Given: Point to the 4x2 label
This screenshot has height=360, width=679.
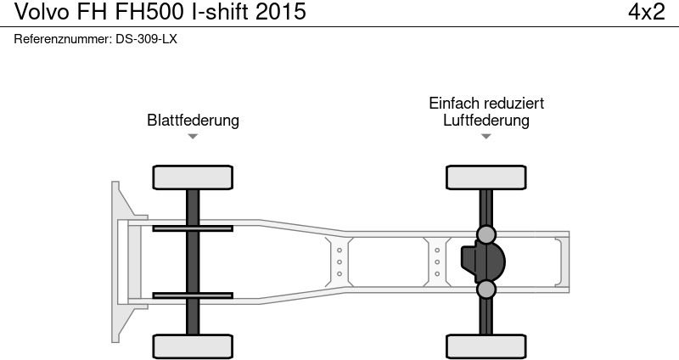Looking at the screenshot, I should (x=645, y=12).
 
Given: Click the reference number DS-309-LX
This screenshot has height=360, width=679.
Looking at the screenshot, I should (x=146, y=39).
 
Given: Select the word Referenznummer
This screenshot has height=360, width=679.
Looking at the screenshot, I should (x=62, y=39).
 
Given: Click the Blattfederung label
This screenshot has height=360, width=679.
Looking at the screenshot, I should (x=193, y=120).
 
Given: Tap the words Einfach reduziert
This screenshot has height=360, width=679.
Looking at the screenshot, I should (x=486, y=103).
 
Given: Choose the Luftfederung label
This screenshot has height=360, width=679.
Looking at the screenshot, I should (x=486, y=120).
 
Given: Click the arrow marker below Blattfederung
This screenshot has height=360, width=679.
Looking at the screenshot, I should (x=193, y=136).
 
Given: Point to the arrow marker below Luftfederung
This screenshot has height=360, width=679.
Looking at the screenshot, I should (x=486, y=136).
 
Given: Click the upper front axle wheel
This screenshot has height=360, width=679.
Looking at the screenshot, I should (x=193, y=177).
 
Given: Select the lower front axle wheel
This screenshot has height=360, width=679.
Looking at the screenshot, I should (x=193, y=346).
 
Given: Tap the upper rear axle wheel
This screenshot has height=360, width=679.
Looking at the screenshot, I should (x=486, y=177).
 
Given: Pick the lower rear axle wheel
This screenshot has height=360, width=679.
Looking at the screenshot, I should (x=486, y=346).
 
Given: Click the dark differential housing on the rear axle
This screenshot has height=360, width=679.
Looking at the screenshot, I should (x=482, y=262).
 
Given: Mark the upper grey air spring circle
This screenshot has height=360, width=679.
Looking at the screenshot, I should (x=486, y=234).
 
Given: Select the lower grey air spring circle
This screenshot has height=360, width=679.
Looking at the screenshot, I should (x=486, y=290).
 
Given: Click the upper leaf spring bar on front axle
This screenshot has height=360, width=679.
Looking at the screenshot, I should (x=193, y=228).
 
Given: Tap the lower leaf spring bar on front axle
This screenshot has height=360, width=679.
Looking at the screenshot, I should (x=193, y=295).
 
